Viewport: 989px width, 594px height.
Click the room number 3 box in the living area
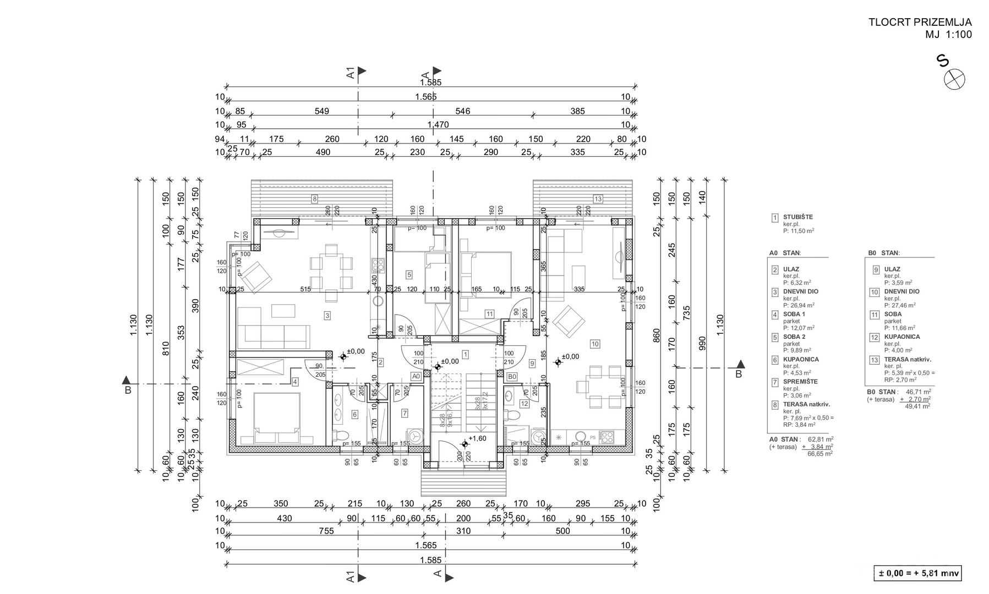tap(327, 316)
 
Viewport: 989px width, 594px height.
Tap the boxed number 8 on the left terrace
tap(314, 199)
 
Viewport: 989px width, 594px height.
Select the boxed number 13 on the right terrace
tap(598, 199)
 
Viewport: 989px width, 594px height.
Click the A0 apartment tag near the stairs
tap(416, 376)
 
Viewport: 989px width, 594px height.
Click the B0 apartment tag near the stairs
tap(512, 376)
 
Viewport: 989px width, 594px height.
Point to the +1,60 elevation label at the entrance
tap(477, 438)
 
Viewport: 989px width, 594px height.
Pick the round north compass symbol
tap(954, 79)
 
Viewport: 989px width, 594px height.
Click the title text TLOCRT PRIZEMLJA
tap(920, 23)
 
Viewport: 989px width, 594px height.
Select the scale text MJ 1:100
tap(948, 35)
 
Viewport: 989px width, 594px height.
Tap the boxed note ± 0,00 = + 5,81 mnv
tap(917, 574)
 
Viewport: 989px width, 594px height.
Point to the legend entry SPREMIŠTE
tap(800, 381)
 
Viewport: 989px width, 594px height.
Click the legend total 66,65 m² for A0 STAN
tap(819, 454)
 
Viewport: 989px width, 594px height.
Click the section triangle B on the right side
tap(741, 365)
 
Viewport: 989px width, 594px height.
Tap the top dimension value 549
tap(321, 111)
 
